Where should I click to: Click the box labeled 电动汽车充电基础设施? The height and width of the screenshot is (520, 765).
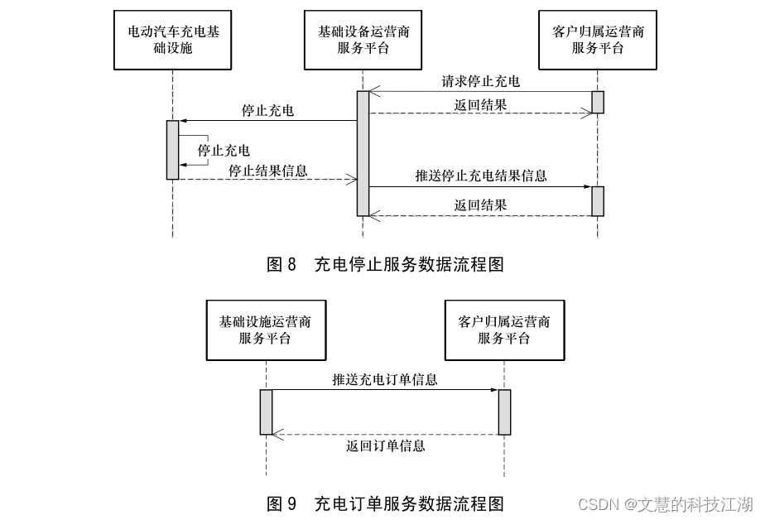(173, 40)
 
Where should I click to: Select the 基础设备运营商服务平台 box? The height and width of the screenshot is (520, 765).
(363, 40)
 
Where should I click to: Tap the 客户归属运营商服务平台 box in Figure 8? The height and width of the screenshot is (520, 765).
(598, 40)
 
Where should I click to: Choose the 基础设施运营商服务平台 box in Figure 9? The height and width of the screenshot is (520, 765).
(265, 330)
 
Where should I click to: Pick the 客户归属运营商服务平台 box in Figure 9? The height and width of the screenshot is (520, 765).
(503, 330)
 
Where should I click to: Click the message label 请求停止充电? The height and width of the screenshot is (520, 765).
(480, 81)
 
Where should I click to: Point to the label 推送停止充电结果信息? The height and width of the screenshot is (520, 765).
(480, 176)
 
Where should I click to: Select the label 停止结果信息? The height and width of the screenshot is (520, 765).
(267, 171)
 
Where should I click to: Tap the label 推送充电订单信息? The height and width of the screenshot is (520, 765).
(385, 380)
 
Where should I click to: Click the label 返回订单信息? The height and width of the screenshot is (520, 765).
(385, 445)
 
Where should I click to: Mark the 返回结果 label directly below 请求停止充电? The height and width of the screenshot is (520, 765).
(480, 105)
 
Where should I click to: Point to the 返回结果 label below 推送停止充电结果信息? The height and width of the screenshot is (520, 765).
(480, 205)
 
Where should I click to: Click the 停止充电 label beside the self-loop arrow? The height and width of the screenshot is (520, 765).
(224, 151)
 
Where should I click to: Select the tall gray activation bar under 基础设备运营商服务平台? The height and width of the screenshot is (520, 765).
(363, 153)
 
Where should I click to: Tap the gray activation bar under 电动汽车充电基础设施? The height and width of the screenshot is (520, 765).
(172, 149)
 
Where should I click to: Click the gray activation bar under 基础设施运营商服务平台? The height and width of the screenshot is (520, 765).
(266, 412)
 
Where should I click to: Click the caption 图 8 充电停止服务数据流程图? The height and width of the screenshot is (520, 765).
(385, 265)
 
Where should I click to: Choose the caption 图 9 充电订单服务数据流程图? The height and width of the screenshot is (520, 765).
(385, 503)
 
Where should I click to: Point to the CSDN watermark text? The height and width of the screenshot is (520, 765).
(665, 504)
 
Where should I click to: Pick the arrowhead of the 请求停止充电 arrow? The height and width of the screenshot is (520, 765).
(373, 91)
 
